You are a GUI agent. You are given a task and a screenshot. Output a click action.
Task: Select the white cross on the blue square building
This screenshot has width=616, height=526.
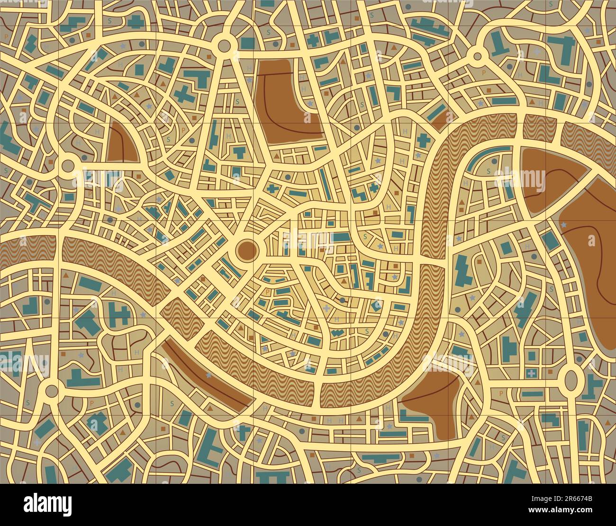pyautogui.click(x=531, y=374)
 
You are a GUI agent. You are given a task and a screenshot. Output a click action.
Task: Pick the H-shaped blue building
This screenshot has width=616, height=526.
pyautogui.click(x=118, y=313)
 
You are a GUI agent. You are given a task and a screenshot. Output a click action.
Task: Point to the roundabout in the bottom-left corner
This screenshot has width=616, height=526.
pyautogui.click(x=49, y=391)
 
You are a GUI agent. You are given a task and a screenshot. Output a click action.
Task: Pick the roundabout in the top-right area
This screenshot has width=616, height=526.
pyautogui.click(x=477, y=56)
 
